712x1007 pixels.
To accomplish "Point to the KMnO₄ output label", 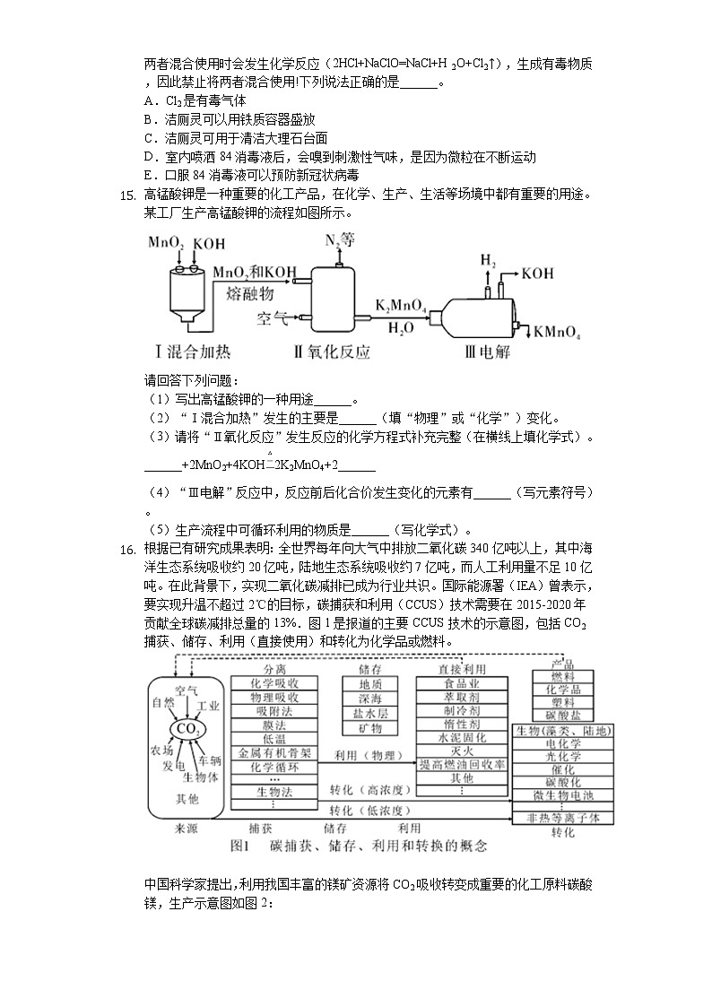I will click(x=557, y=334).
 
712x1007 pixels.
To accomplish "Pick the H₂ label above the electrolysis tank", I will click(x=489, y=261).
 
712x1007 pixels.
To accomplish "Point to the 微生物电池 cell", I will click(x=563, y=795).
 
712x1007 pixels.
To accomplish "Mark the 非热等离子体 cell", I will click(x=563, y=818).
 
